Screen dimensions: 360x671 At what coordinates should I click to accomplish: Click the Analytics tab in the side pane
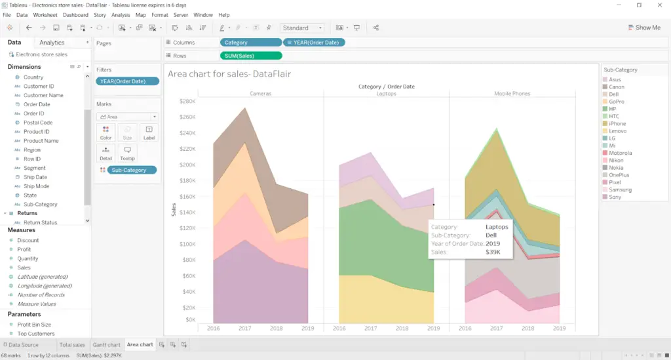(52, 43)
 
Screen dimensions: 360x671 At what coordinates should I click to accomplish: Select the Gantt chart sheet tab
(106, 344)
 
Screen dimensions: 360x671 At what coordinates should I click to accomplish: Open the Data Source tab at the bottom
(23, 344)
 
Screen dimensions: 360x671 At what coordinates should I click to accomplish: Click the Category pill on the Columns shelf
(250, 43)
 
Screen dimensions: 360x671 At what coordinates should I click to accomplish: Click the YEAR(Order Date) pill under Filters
(127, 81)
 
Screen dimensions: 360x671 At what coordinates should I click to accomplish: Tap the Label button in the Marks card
(149, 133)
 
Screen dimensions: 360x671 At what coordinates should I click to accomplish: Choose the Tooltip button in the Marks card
(127, 153)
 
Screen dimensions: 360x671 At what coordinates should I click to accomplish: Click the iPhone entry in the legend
(617, 123)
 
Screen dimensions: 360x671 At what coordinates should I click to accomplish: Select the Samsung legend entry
(620, 190)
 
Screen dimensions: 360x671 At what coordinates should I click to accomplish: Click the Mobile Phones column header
(512, 94)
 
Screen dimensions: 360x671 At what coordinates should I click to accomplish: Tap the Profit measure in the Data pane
(24, 249)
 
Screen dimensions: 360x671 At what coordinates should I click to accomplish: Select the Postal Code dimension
(38, 123)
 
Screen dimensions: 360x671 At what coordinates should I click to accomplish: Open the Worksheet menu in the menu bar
(45, 14)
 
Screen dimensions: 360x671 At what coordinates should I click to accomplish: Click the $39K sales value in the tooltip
(493, 252)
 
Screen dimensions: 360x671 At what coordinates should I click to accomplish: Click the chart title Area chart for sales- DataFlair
(229, 74)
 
